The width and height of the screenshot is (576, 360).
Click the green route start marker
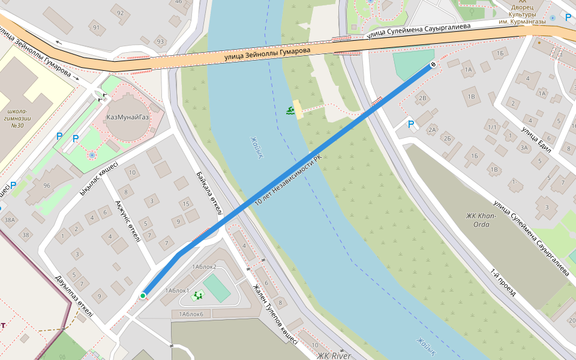click(143, 296)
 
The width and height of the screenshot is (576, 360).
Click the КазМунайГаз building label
click(127, 116)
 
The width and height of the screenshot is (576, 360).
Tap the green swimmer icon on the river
click(290, 110)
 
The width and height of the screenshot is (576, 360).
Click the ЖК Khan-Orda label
click(481, 220)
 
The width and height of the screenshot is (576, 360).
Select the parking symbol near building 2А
click(411, 124)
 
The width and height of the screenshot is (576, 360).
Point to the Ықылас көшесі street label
click(99, 178)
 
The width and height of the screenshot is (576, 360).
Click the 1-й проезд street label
click(503, 282)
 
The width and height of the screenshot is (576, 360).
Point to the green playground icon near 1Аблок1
click(198, 295)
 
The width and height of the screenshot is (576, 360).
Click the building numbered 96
click(46, 185)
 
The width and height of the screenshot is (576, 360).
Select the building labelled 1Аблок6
click(190, 314)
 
